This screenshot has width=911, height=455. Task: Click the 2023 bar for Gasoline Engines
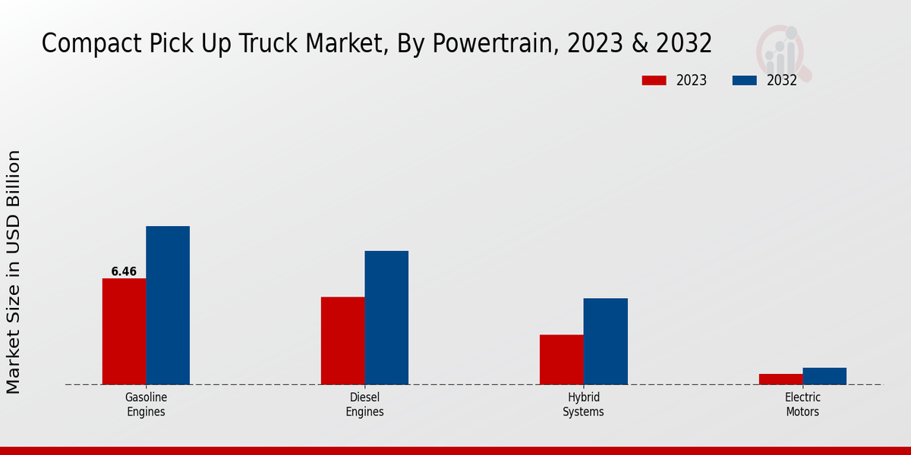point(124,331)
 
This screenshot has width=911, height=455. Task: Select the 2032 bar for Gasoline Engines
point(168,305)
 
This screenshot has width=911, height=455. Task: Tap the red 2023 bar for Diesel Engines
point(342,340)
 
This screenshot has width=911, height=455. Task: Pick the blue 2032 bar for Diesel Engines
point(386,318)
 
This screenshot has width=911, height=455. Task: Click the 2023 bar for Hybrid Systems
point(562,359)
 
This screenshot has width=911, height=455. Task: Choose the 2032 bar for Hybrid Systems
point(606,341)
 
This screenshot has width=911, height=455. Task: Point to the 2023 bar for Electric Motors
point(780,379)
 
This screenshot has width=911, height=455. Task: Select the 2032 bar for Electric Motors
point(824,376)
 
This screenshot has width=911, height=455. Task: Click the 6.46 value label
point(124,271)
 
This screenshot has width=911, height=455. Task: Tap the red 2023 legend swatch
point(654,80)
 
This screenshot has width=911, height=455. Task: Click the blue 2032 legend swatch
point(745,80)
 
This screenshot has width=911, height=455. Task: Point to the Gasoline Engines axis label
point(146,405)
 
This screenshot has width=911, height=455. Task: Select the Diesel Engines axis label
point(364,405)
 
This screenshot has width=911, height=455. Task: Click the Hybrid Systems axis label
point(583,405)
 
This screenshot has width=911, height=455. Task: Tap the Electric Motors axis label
point(802,405)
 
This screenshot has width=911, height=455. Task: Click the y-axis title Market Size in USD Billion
point(14,271)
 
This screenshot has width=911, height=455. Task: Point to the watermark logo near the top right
point(783,53)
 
